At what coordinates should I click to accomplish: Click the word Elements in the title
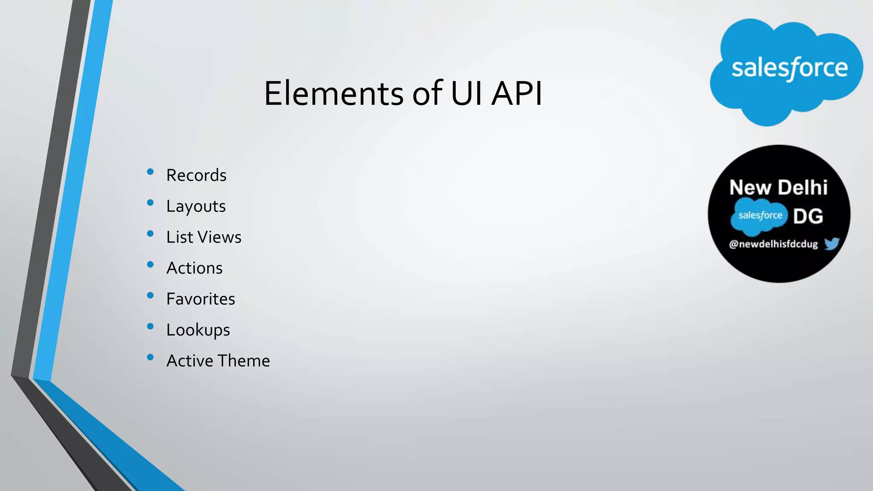(x=333, y=93)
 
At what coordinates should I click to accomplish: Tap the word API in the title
(x=517, y=93)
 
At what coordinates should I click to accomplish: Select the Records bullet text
(x=196, y=175)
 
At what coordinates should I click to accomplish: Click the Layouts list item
(x=196, y=207)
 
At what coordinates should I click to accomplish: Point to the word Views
(x=222, y=237)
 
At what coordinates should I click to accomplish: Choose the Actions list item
(x=194, y=268)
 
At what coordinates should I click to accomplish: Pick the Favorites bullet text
(x=200, y=299)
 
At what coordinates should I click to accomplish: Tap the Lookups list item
(x=198, y=330)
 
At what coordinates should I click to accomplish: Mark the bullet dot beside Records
(x=150, y=172)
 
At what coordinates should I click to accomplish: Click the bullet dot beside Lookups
(x=150, y=326)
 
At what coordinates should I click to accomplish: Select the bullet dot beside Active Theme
(x=150, y=357)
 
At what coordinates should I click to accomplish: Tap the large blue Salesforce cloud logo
(x=786, y=70)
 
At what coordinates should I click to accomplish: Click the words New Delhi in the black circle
(x=778, y=188)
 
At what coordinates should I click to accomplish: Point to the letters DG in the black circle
(x=808, y=217)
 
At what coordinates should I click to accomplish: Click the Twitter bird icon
(x=832, y=244)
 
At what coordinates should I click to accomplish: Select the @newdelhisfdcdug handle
(x=773, y=244)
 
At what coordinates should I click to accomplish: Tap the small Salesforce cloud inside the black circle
(x=759, y=216)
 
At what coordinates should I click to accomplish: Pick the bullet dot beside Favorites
(x=150, y=295)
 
